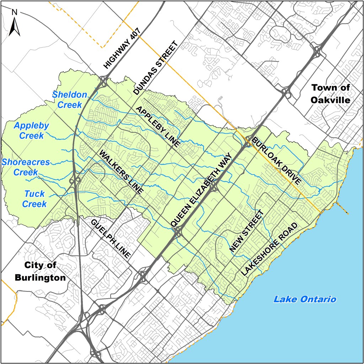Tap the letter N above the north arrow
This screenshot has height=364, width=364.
(15, 12)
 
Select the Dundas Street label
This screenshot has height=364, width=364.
(155, 68)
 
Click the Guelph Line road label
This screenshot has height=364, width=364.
(111, 238)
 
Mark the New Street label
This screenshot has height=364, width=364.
(247, 231)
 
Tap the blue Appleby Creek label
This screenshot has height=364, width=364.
(31, 130)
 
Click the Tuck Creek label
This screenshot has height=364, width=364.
(35, 199)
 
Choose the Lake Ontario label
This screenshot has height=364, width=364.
(305, 299)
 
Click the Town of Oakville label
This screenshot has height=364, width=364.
(330, 93)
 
